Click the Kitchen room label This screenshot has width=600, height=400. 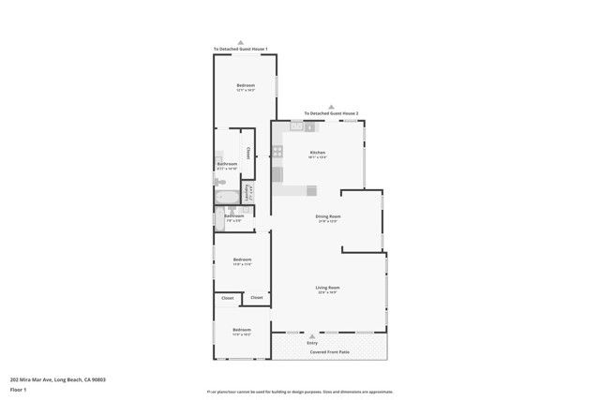point(317,152)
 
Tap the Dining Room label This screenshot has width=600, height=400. point(327,216)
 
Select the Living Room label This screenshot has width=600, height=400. point(327,288)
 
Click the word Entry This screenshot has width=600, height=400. point(312,343)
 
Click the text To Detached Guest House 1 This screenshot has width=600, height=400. point(241,49)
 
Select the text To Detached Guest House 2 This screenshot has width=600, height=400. point(331,112)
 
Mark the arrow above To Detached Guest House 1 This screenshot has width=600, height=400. point(241,42)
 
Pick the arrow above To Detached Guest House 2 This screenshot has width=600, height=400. point(331,106)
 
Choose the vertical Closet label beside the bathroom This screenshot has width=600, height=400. point(247,153)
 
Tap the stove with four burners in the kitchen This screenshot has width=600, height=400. point(277,151)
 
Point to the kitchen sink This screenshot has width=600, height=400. point(297,126)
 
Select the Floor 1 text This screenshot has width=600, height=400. point(18,389)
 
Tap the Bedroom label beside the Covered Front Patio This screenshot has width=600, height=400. point(242,330)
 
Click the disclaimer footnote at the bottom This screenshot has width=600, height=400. point(300,393)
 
